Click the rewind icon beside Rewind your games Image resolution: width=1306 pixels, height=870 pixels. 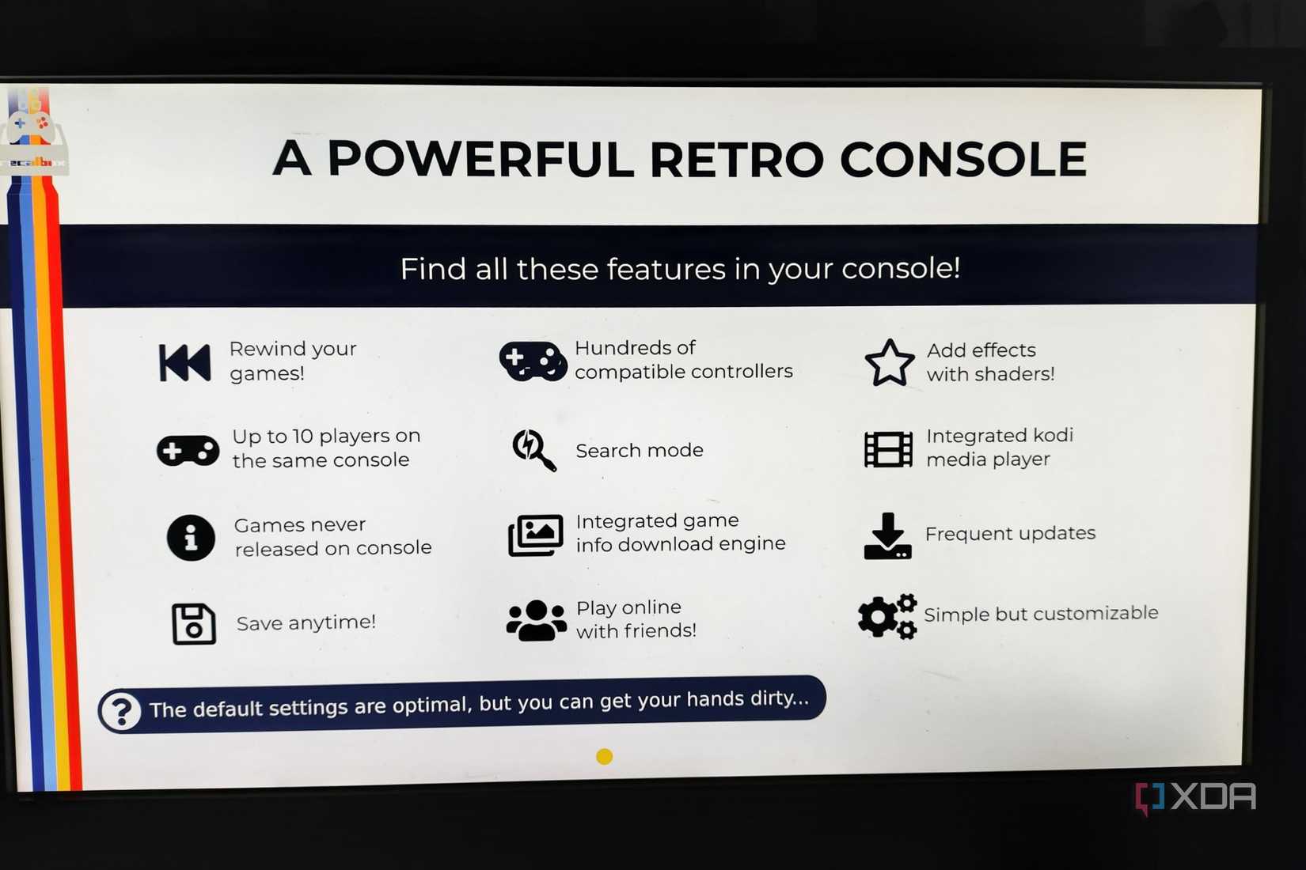pos(184,363)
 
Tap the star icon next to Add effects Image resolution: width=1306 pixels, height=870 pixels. pos(889,363)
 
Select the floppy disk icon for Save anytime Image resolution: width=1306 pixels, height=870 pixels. pos(193,624)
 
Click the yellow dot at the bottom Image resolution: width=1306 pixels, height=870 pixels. pos(604,757)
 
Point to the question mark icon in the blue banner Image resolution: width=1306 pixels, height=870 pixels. pos(122,711)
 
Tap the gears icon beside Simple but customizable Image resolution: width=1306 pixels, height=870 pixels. pos(886,615)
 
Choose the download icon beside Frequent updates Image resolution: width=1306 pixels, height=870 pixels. pos(887,536)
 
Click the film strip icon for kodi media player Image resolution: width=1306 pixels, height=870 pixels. pos(888,449)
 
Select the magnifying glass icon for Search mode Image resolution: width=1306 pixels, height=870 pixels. pos(533,450)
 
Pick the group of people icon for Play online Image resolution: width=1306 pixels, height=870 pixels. pos(536,620)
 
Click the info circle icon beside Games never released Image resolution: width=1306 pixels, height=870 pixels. pos(191,538)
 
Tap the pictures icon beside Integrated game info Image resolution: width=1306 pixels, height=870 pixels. pos(535,535)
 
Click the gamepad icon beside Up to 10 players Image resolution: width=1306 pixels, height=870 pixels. pos(188,451)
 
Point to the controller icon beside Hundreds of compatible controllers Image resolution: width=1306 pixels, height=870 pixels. pos(533,361)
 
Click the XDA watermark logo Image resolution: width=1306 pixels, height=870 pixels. pos(1196,797)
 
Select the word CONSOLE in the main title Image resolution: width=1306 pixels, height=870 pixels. pos(962,160)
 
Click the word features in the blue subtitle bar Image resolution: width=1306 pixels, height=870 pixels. pos(666,270)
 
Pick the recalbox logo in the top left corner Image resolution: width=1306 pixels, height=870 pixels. pos(33,134)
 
